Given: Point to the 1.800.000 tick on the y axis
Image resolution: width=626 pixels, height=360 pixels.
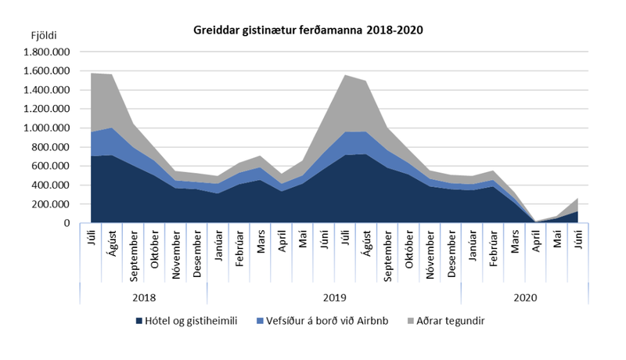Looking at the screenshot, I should pos(49,52).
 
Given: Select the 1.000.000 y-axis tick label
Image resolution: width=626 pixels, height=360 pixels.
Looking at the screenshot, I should pos(49,128).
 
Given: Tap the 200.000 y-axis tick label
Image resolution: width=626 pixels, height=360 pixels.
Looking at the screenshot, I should pos(53,204).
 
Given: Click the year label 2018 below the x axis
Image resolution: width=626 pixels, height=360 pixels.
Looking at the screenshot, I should pos(143,297).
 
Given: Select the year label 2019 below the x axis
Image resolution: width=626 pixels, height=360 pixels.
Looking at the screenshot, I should pos(334,297).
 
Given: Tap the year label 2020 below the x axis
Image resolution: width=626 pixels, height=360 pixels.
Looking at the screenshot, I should pos(524,297).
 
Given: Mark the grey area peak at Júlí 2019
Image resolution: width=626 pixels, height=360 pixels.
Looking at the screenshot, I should pos(344,75).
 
